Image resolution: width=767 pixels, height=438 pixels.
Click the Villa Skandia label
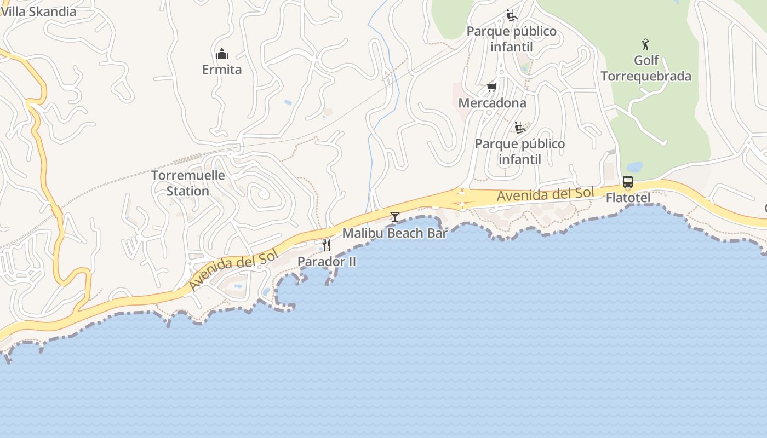click(x=38, y=11)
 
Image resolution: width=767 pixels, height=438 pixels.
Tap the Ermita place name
click(x=222, y=70)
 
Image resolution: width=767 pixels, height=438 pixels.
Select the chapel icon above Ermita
click(x=222, y=54)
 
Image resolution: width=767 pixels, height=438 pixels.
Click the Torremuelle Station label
click(x=188, y=183)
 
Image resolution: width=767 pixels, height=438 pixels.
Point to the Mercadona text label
click(x=492, y=103)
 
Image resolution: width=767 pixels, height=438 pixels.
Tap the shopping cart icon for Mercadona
click(x=492, y=88)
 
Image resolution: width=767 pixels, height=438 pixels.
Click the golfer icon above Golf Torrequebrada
click(x=645, y=44)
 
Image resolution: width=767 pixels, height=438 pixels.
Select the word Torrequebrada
click(x=646, y=76)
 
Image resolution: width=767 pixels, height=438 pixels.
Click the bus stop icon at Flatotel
click(x=628, y=182)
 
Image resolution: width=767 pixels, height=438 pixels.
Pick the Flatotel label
click(x=628, y=198)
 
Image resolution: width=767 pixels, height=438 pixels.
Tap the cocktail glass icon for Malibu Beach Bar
click(x=394, y=217)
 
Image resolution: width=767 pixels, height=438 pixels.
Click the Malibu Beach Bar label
click(x=394, y=233)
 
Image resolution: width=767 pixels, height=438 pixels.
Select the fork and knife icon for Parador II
click(x=327, y=245)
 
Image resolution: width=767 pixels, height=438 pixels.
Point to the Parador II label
click(x=327, y=262)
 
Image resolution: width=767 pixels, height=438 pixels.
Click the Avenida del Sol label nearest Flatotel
click(x=546, y=194)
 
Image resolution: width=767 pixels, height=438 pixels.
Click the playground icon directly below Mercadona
click(x=520, y=128)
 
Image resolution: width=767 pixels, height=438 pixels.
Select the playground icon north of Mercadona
click(x=512, y=15)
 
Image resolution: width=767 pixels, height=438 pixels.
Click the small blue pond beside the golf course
click(x=634, y=166)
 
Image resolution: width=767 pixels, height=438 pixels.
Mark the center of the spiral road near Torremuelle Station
click(x=262, y=193)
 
